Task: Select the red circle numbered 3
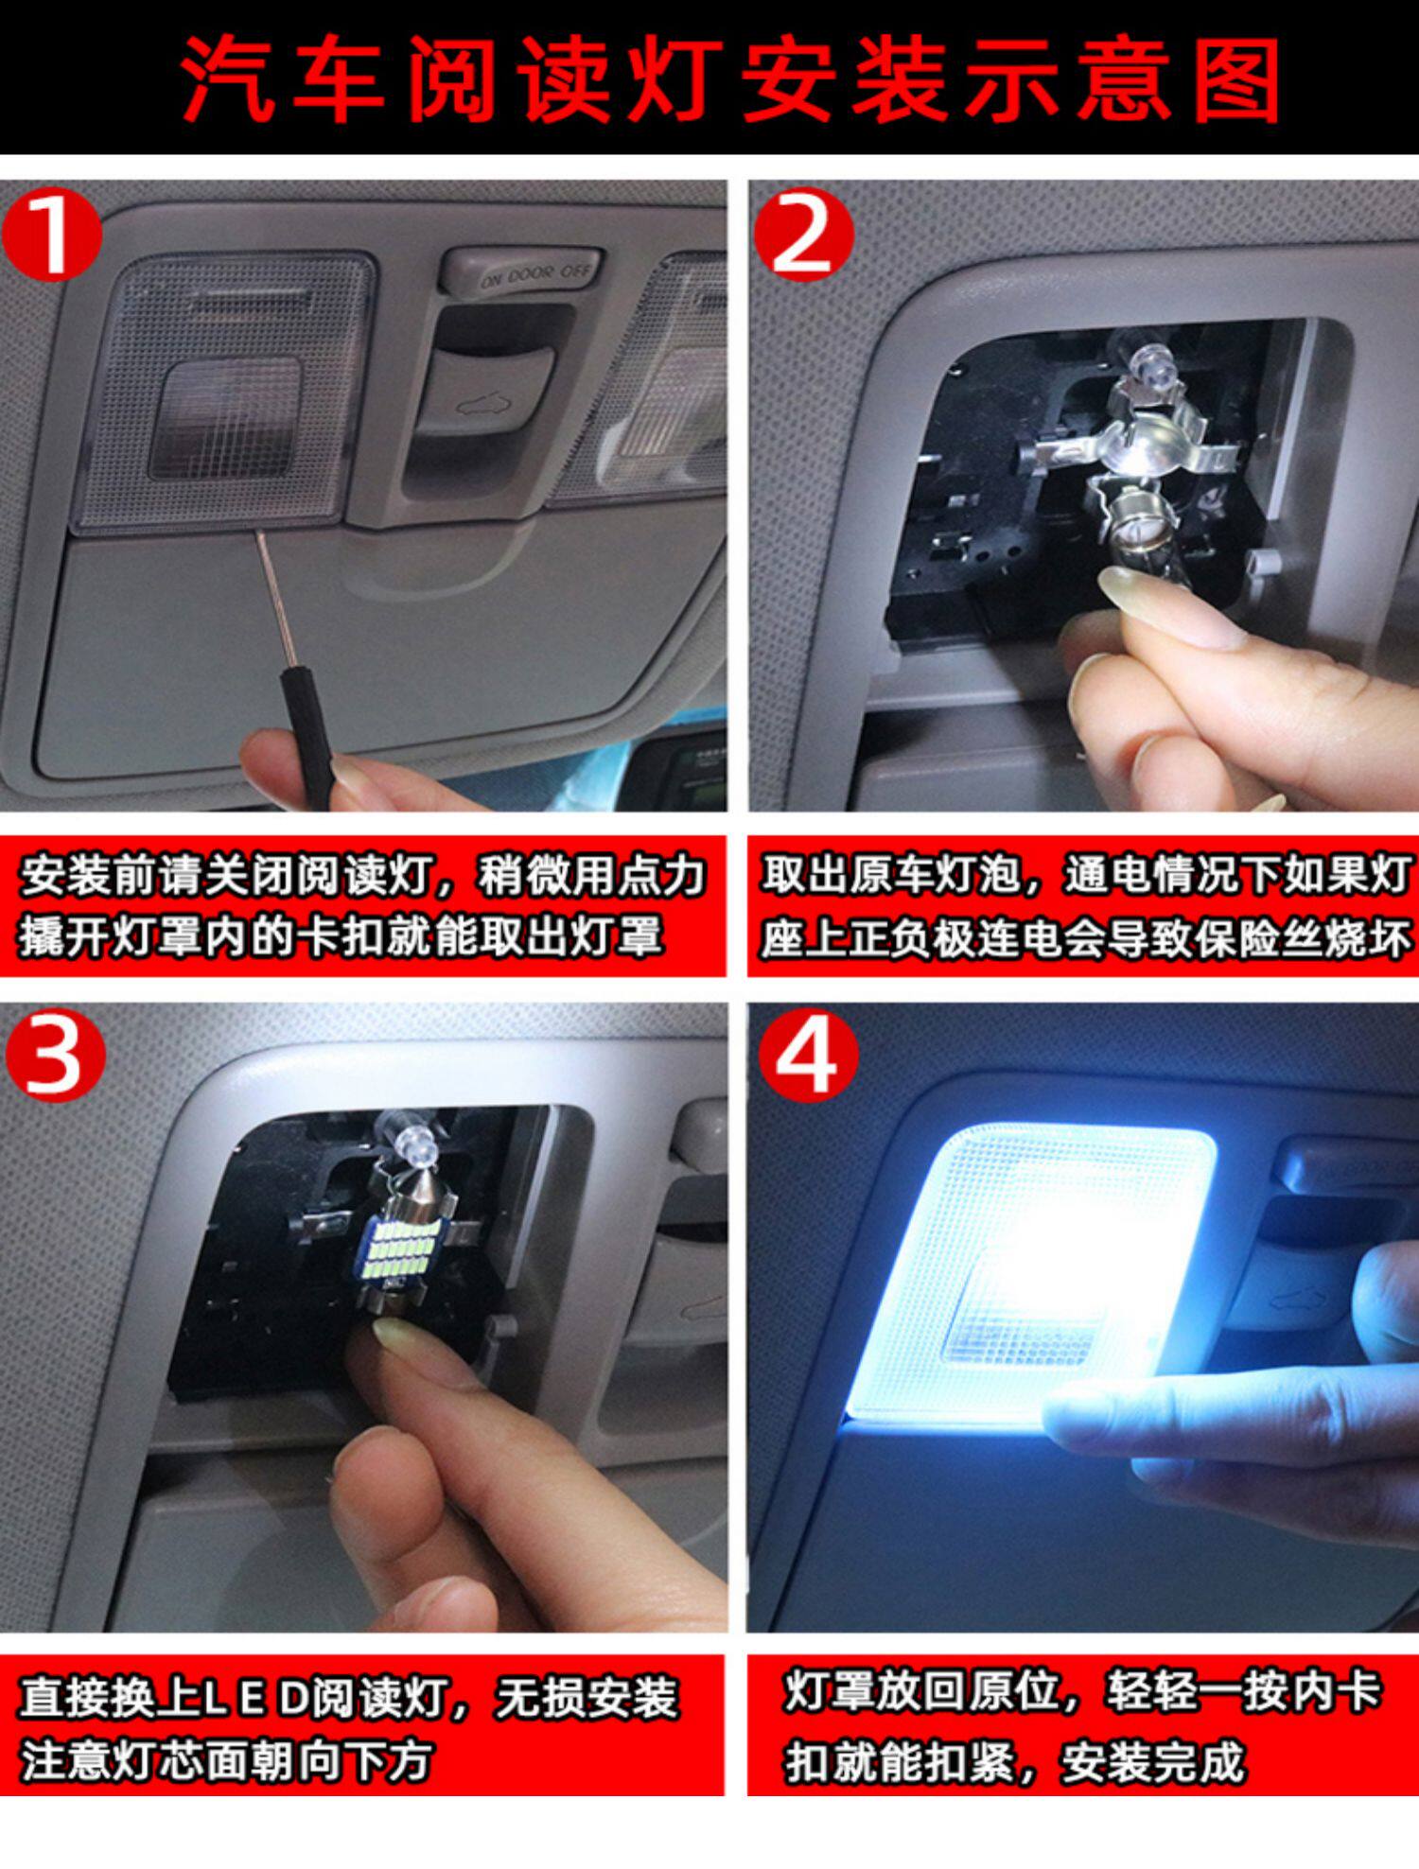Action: (x=55, y=1054)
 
